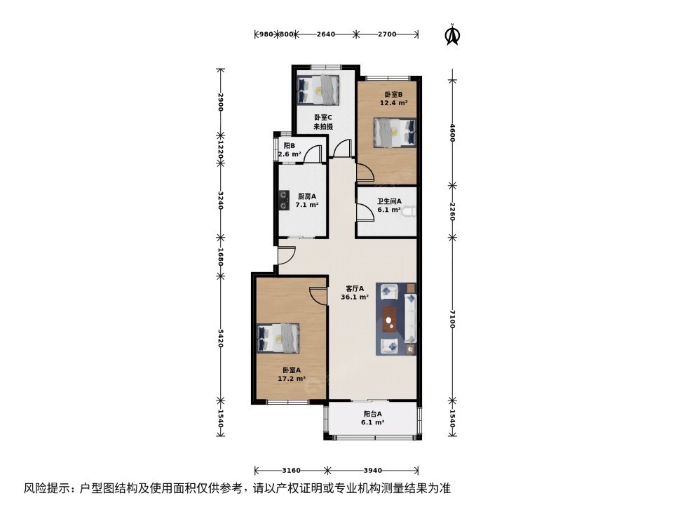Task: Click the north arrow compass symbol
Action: pos(454,34)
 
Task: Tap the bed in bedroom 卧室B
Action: pos(394,133)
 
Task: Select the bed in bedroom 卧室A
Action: pos(278,338)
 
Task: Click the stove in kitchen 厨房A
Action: pos(285,201)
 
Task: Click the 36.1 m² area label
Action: pos(355,297)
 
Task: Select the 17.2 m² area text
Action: pos(292,379)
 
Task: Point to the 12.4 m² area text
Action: pos(394,102)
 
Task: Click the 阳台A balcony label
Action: pos(372,414)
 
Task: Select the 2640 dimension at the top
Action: pos(326,34)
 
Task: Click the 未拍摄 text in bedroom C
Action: pos(322,127)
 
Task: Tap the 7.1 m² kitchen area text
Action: pos(306,206)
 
